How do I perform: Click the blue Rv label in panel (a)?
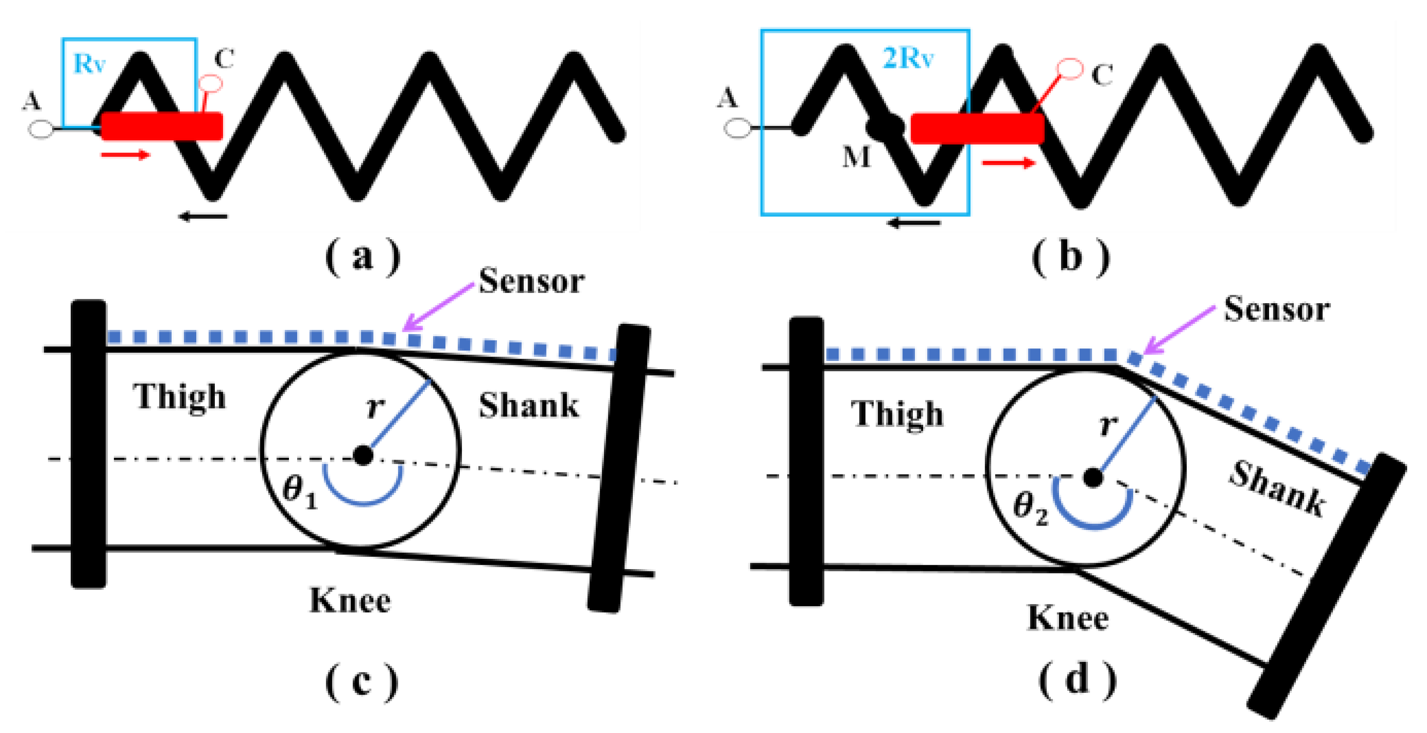pos(89,64)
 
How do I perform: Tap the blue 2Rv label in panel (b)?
pos(907,58)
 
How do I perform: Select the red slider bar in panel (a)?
pos(162,126)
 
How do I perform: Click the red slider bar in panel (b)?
pos(977,128)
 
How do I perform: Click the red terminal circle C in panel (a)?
pos(211,84)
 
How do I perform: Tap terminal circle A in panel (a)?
pos(41,129)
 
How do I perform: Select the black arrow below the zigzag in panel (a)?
pos(203,216)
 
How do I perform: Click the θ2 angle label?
pos(1031,508)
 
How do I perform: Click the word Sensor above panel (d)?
pos(1276,309)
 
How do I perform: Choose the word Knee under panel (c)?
pos(349,601)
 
